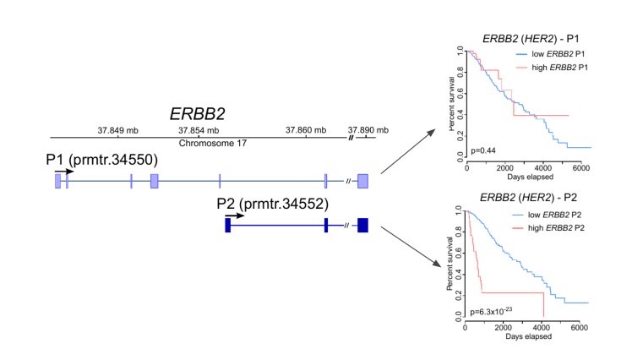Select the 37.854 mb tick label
pyautogui.click(x=199, y=130)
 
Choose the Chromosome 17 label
pyautogui.click(x=212, y=144)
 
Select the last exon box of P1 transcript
pyautogui.click(x=362, y=180)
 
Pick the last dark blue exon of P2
pyautogui.click(x=362, y=225)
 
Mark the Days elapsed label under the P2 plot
pyautogui.click(x=529, y=336)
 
